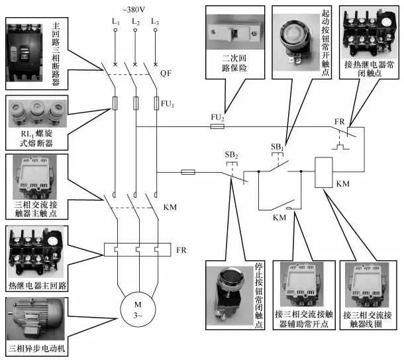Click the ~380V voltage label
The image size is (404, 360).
(x=135, y=9)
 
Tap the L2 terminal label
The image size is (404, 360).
(x=135, y=22)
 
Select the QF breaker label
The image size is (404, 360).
(x=166, y=74)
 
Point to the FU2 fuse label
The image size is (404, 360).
(x=217, y=117)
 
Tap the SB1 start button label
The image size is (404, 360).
(x=277, y=146)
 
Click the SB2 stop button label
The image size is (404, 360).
(x=231, y=155)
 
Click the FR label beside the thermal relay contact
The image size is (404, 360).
(x=338, y=122)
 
